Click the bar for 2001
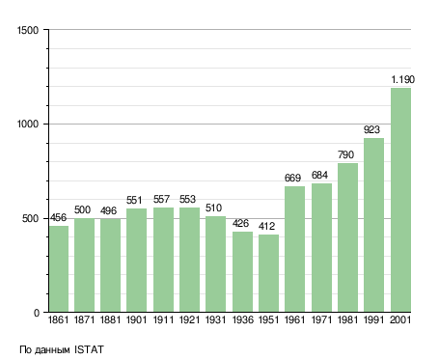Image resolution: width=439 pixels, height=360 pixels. click(x=400, y=200)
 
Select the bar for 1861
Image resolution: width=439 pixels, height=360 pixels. click(x=59, y=269)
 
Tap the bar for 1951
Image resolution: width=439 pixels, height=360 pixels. click(x=268, y=273)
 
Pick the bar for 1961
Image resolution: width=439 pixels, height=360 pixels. click(x=294, y=249)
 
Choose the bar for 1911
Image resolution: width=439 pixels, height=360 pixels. click(x=163, y=260)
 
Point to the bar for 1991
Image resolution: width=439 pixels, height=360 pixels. click(x=373, y=225)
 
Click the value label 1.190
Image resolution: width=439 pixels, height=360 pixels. click(x=402, y=79)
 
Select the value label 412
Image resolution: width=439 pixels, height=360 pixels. click(x=266, y=226)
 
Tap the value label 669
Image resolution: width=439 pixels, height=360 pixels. click(x=292, y=178)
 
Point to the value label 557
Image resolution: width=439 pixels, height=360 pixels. click(x=161, y=199)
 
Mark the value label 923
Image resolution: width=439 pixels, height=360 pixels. click(x=371, y=129)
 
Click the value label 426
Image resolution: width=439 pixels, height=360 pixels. click(x=240, y=223)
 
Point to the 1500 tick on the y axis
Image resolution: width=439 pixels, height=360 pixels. click(x=28, y=30)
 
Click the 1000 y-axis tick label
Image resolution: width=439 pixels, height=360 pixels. click(x=28, y=124)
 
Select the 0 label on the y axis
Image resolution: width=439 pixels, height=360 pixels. click(x=37, y=313)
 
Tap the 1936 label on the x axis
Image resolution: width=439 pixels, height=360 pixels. click(x=242, y=320)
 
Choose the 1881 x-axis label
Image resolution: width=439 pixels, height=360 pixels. click(x=110, y=320)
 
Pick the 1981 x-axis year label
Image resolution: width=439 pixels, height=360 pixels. click(x=347, y=320)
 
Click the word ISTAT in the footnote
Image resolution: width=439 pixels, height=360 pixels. click(x=89, y=349)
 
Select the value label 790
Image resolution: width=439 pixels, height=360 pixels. click(x=345, y=154)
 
